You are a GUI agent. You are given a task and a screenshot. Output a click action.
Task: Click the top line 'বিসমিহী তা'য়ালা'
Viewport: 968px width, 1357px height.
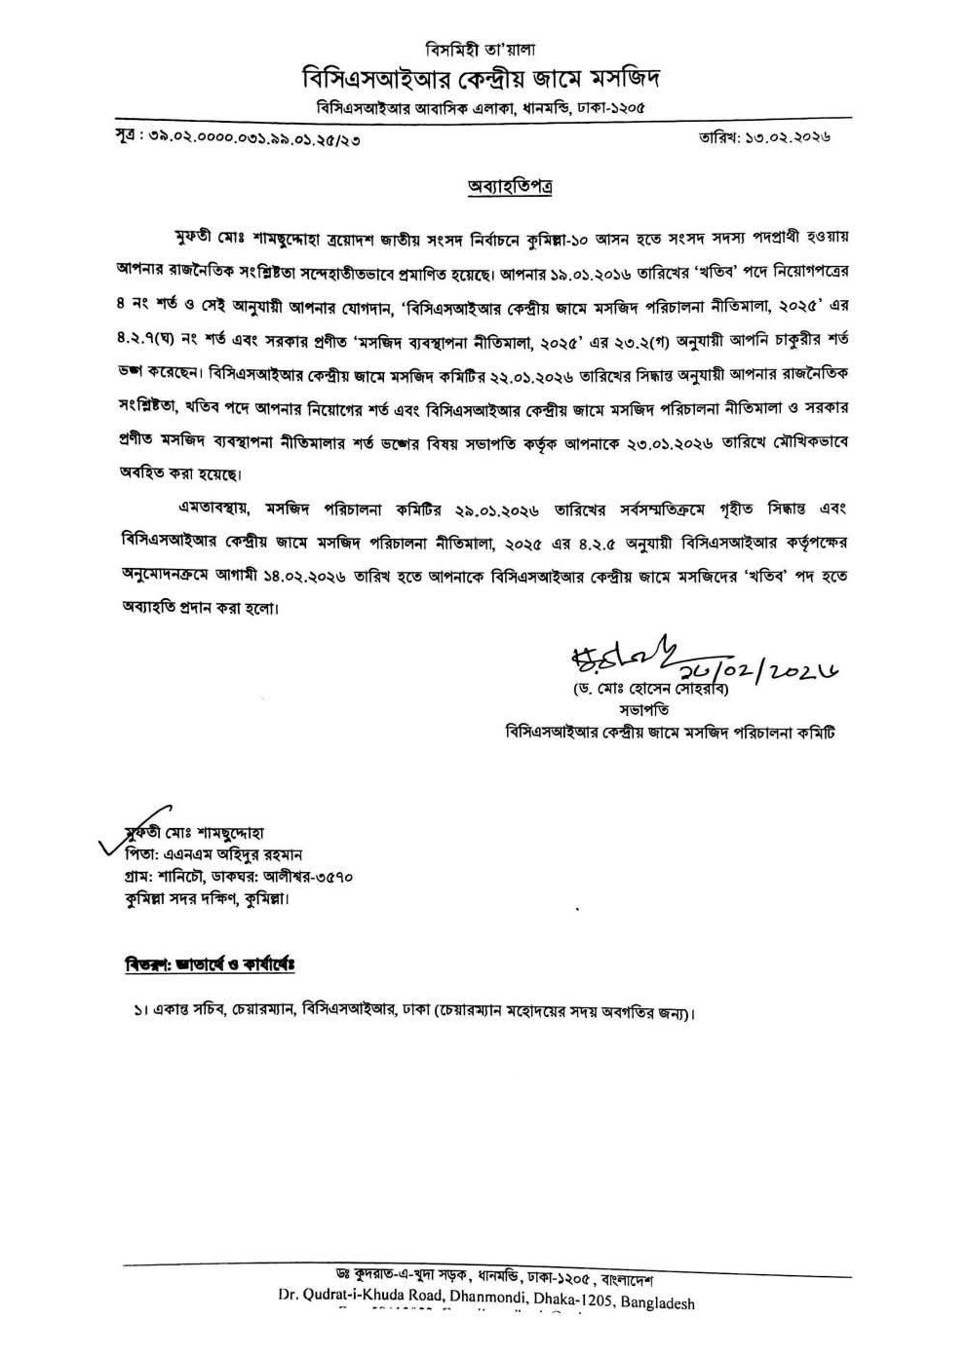point(483,49)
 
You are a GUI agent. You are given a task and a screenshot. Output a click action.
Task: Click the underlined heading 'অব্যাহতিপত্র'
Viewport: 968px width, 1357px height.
point(510,186)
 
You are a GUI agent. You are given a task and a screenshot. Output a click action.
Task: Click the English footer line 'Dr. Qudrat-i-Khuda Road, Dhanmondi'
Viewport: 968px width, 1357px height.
point(485,1302)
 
